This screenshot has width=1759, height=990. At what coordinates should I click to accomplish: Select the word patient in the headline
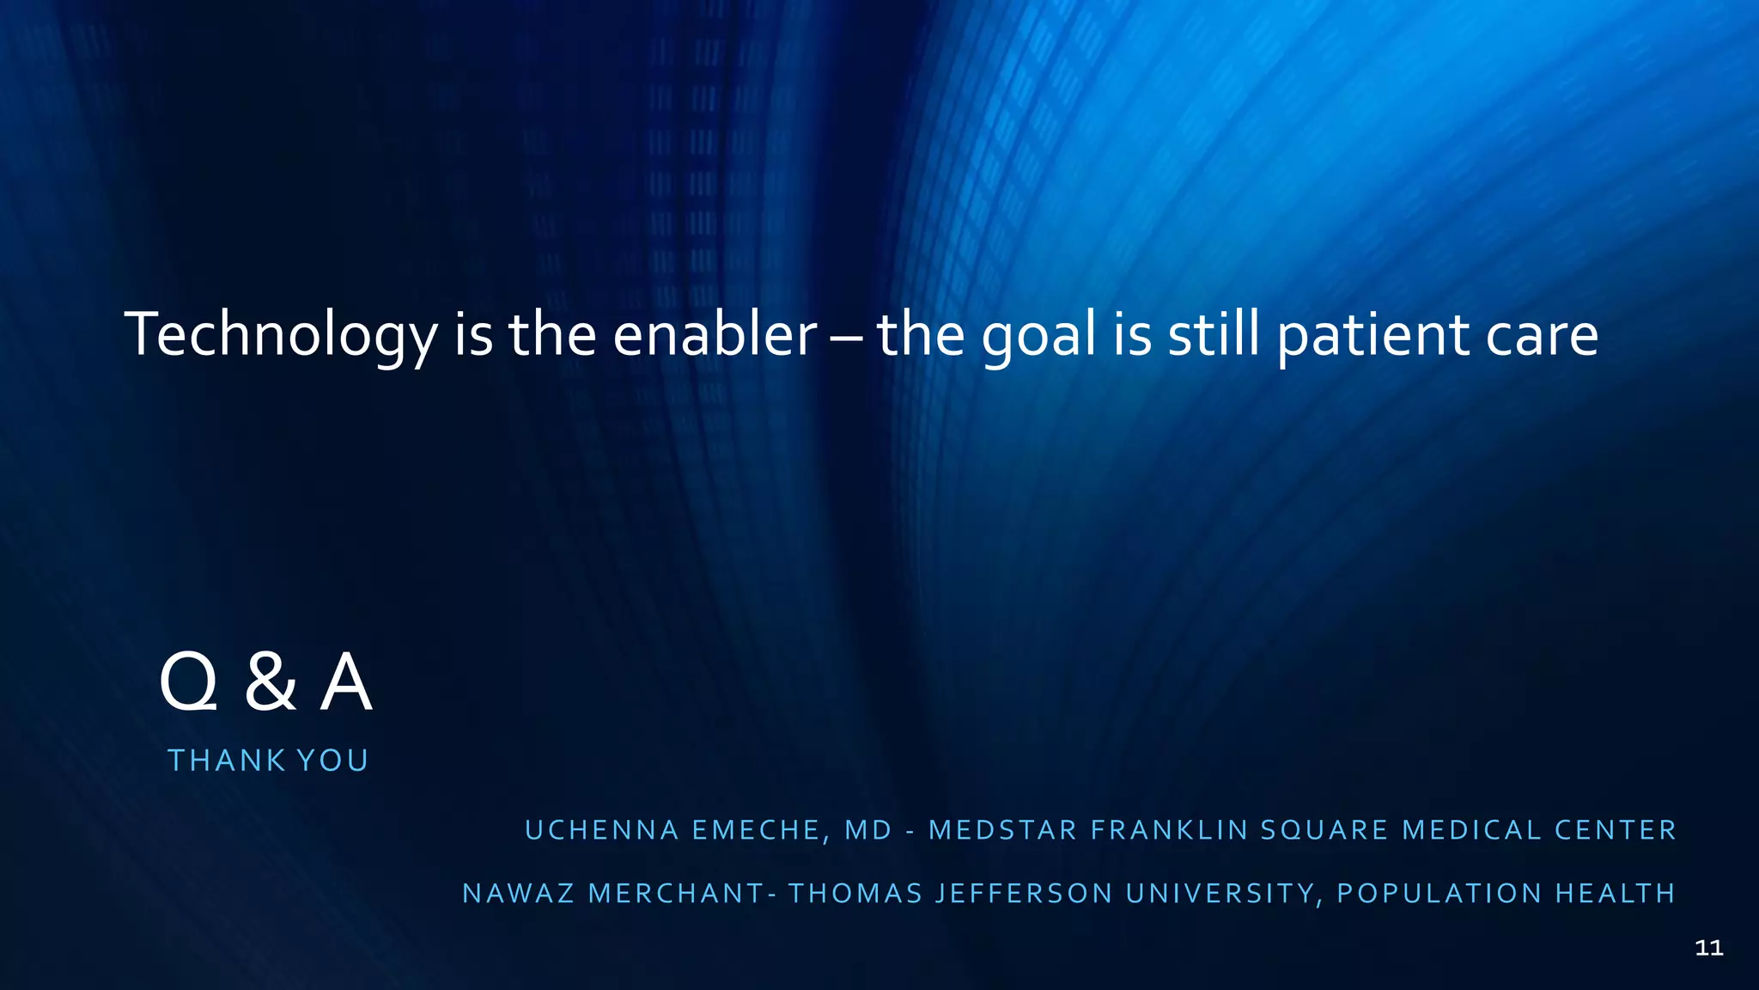[1373, 335]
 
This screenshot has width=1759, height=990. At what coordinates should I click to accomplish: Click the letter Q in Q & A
[189, 682]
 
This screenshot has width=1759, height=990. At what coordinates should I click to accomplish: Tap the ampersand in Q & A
[271, 682]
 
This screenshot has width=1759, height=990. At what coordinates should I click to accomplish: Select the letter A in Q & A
[346, 682]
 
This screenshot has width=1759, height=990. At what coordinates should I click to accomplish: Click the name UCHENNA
[602, 830]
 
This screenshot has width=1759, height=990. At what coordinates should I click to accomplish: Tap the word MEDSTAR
[1003, 830]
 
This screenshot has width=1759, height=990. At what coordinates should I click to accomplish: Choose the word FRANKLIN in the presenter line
[1170, 830]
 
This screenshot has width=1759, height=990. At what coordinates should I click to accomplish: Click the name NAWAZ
[519, 894]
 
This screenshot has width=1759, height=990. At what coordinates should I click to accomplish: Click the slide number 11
[1709, 948]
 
